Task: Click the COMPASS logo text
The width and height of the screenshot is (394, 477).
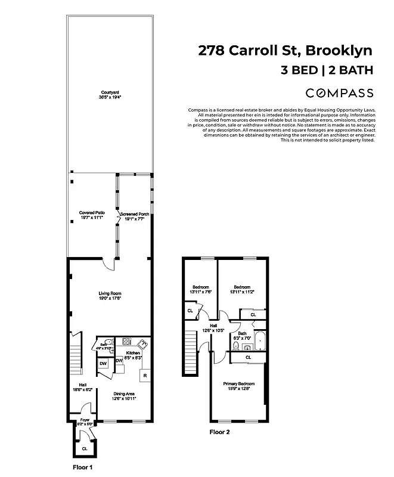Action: click(339, 93)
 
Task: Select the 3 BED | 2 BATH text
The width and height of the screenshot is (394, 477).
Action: click(327, 70)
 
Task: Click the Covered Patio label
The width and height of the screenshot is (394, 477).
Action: click(92, 212)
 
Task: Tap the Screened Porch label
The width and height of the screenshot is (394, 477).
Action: click(134, 213)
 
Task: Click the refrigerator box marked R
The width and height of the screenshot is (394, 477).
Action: click(144, 376)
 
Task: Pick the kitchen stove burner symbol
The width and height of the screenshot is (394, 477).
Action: click(127, 342)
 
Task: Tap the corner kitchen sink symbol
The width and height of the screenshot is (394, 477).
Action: click(143, 344)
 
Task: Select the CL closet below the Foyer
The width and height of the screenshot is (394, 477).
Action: click(84, 448)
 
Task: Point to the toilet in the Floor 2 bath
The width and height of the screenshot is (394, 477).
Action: click(236, 346)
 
